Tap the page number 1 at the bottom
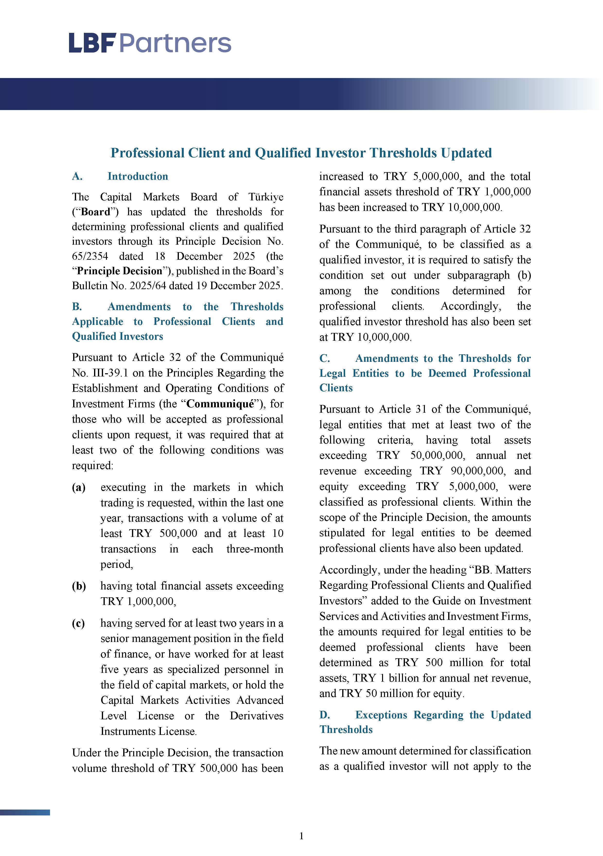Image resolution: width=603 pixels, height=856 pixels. (x=301, y=836)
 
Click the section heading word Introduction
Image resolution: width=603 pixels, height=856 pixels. (x=138, y=176)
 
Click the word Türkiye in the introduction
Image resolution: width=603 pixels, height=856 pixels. (x=266, y=197)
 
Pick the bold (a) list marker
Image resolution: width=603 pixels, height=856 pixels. (x=79, y=487)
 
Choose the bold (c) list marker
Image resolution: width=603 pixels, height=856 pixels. (x=78, y=623)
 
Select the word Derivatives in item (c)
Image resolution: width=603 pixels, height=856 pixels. (x=256, y=715)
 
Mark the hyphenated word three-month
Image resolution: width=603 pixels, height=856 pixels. (x=254, y=549)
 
